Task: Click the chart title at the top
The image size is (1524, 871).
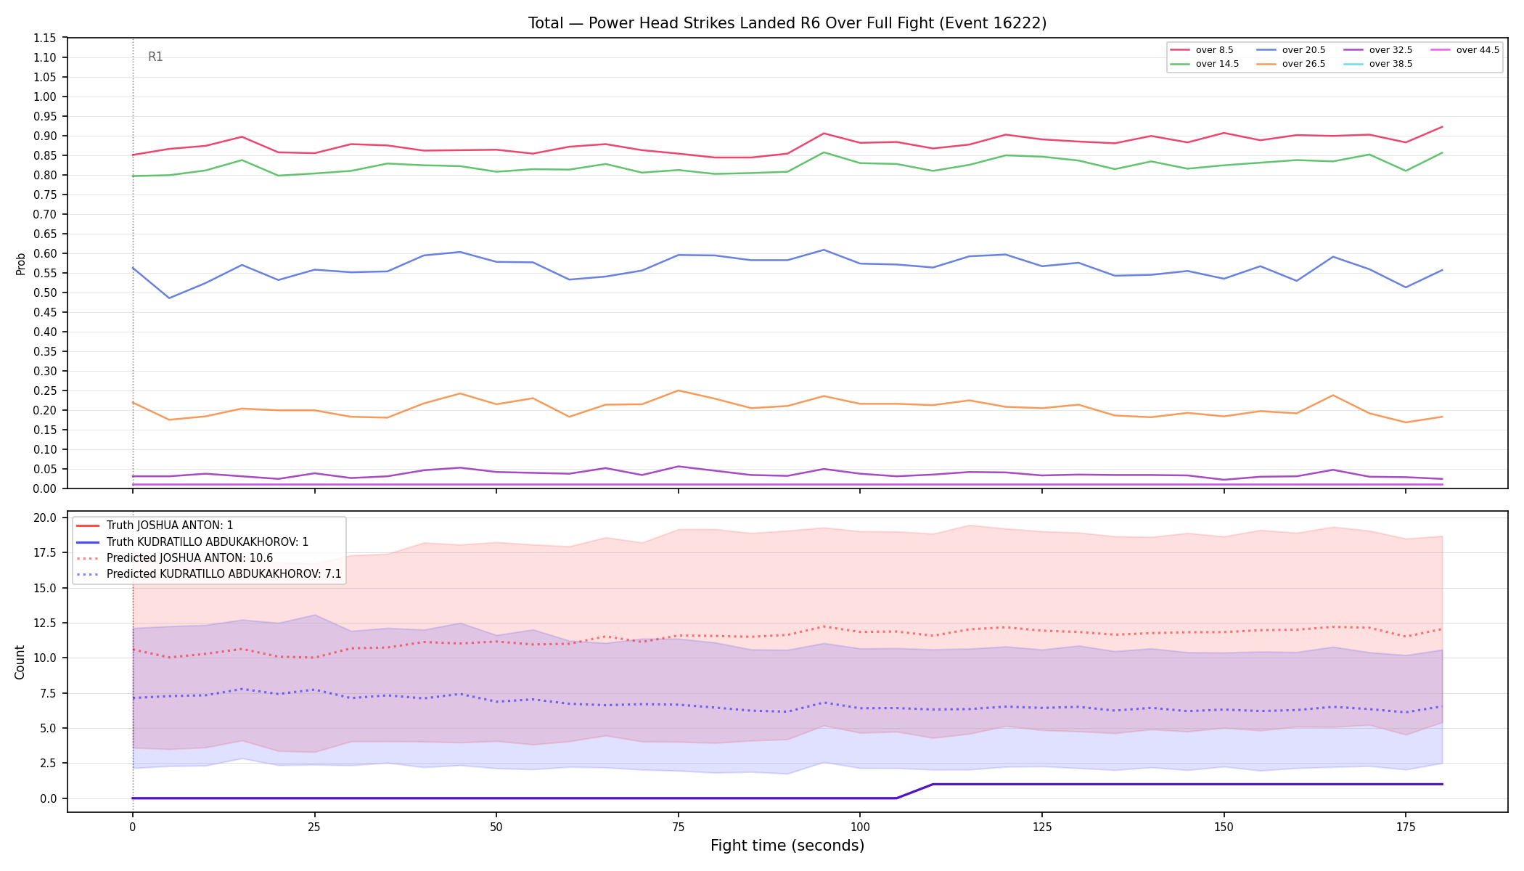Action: tap(787, 23)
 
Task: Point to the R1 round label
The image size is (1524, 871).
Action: tap(155, 57)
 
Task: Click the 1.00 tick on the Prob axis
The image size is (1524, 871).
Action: tap(46, 97)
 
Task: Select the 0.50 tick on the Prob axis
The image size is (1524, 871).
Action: tap(46, 293)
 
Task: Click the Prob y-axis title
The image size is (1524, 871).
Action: tap(20, 263)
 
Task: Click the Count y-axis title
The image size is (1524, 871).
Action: tap(20, 662)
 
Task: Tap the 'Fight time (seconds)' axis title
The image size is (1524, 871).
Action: tap(787, 846)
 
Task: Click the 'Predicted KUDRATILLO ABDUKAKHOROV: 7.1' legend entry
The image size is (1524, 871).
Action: tap(209, 573)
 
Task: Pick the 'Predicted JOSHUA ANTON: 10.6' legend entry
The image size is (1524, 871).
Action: tap(174, 557)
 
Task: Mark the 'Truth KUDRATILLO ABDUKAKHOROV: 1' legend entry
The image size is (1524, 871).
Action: tap(192, 541)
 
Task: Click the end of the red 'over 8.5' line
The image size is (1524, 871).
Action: tap(1442, 127)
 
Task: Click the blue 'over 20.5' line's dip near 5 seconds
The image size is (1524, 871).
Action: tap(169, 298)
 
